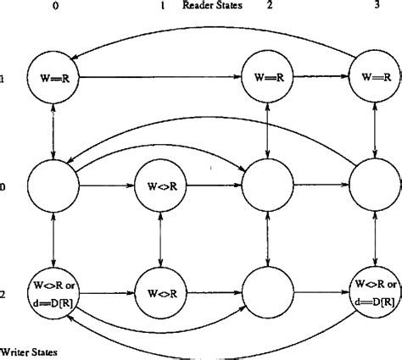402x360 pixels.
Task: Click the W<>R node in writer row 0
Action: coord(160,187)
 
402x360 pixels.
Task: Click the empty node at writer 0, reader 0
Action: coord(53,187)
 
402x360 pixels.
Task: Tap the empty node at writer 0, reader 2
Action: coord(268,187)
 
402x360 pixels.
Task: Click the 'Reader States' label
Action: coord(211,7)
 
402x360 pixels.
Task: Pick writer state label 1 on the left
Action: coord(4,82)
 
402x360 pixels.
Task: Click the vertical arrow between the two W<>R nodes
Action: coord(160,240)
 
